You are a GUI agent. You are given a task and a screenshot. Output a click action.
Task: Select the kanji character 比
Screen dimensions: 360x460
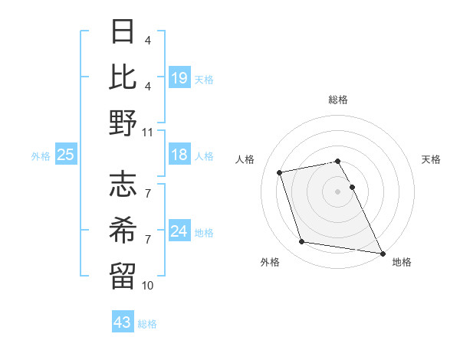(123, 79)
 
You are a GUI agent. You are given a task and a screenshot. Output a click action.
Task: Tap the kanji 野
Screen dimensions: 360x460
(123, 123)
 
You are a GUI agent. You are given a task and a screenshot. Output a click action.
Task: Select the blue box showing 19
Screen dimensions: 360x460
(179, 77)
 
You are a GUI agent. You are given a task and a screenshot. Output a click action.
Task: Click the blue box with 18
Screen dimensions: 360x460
(179, 155)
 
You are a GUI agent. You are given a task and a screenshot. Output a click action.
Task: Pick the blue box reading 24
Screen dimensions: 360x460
(179, 231)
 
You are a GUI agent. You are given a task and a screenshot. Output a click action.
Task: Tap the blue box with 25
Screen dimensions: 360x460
(66, 155)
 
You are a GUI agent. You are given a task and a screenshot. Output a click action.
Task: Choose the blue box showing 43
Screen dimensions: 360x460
(122, 322)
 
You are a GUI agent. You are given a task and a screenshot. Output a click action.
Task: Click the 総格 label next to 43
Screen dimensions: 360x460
(148, 324)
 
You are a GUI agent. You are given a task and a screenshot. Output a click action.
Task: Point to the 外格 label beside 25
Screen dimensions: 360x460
(41, 156)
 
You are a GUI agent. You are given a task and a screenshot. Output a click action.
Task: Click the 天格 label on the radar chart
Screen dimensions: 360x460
(432, 159)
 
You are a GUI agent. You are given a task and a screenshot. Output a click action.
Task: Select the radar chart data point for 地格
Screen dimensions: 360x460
(381, 253)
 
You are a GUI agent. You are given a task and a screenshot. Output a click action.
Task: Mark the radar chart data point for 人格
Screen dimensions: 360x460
(280, 172)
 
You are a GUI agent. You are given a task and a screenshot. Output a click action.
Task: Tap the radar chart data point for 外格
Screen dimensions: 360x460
(302, 242)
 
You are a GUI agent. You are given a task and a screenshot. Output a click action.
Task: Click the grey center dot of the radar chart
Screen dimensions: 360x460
(338, 191)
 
